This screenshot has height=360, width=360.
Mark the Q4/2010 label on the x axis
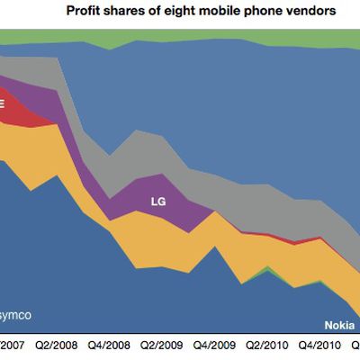pyautogui.click(x=319, y=344)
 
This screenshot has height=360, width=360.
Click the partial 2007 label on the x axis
pyautogui.click(x=13, y=344)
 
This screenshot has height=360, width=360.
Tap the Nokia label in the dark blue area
pyautogui.click(x=338, y=325)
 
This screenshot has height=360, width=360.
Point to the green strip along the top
pyautogui.click(x=180, y=38)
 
